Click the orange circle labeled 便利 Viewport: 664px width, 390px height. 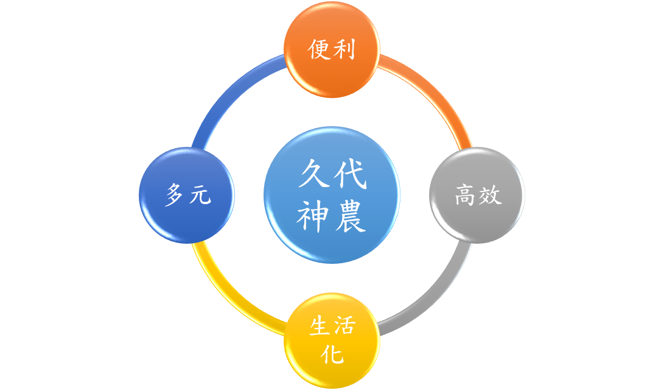332,49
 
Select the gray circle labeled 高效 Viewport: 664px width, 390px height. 477,195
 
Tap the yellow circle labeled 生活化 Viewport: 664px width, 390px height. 332,341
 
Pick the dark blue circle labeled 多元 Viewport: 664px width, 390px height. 187,195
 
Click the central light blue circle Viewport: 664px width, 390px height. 332,195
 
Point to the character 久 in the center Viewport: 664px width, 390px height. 313,173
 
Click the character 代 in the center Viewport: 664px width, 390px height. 350,173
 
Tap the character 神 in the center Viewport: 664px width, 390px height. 313,216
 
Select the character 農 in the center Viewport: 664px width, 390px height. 350,216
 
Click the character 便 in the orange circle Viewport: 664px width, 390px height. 319,49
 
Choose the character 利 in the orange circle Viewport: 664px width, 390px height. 344,49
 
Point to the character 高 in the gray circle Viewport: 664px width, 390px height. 465,195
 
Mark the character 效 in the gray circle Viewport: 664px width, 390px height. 490,195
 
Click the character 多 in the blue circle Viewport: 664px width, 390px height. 175,195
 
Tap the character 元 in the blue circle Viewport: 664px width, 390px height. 200,196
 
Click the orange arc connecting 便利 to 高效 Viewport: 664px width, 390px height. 434,92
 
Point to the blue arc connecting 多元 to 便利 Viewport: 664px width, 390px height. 229,92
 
